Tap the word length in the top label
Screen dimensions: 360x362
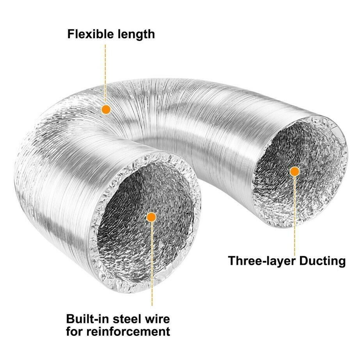136,34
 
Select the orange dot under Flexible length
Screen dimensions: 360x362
105,110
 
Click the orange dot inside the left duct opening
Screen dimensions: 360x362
151,217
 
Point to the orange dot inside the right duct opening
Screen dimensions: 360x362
295,171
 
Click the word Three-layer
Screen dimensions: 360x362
261,261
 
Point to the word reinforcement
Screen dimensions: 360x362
131,332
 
